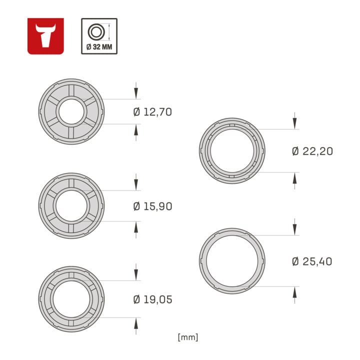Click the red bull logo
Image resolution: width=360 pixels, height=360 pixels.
(45, 36)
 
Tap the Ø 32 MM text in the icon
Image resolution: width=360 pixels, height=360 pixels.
(99, 47)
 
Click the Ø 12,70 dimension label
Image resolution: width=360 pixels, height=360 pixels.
(152, 112)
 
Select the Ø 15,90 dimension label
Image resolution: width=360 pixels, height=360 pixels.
(152, 206)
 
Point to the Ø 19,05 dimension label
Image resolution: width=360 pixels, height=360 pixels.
(152, 299)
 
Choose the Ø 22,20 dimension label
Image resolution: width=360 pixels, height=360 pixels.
(312, 151)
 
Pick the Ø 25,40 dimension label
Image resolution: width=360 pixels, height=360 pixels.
(312, 261)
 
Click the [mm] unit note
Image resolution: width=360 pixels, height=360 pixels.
(188, 337)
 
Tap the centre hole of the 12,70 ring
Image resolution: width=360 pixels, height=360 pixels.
(71, 112)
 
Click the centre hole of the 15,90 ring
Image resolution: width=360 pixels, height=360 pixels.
(71, 205)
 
